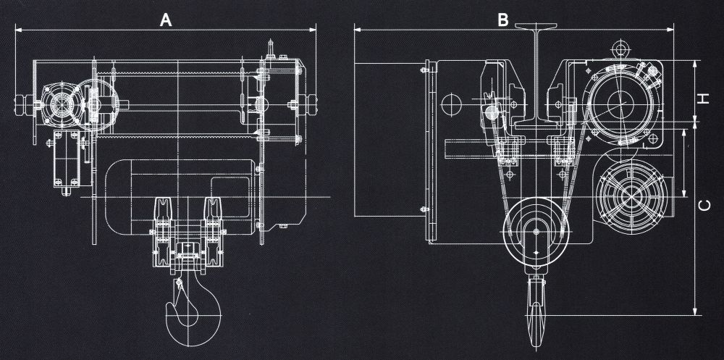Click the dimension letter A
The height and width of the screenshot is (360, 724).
tap(166, 20)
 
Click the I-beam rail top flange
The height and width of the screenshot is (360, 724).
tap(536, 28)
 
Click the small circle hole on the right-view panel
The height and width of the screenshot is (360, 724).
tap(450, 103)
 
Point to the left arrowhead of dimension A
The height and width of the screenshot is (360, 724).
tap(17, 30)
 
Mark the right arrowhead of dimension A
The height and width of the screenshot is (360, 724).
tap(314, 30)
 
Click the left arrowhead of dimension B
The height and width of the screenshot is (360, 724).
tap(357, 30)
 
